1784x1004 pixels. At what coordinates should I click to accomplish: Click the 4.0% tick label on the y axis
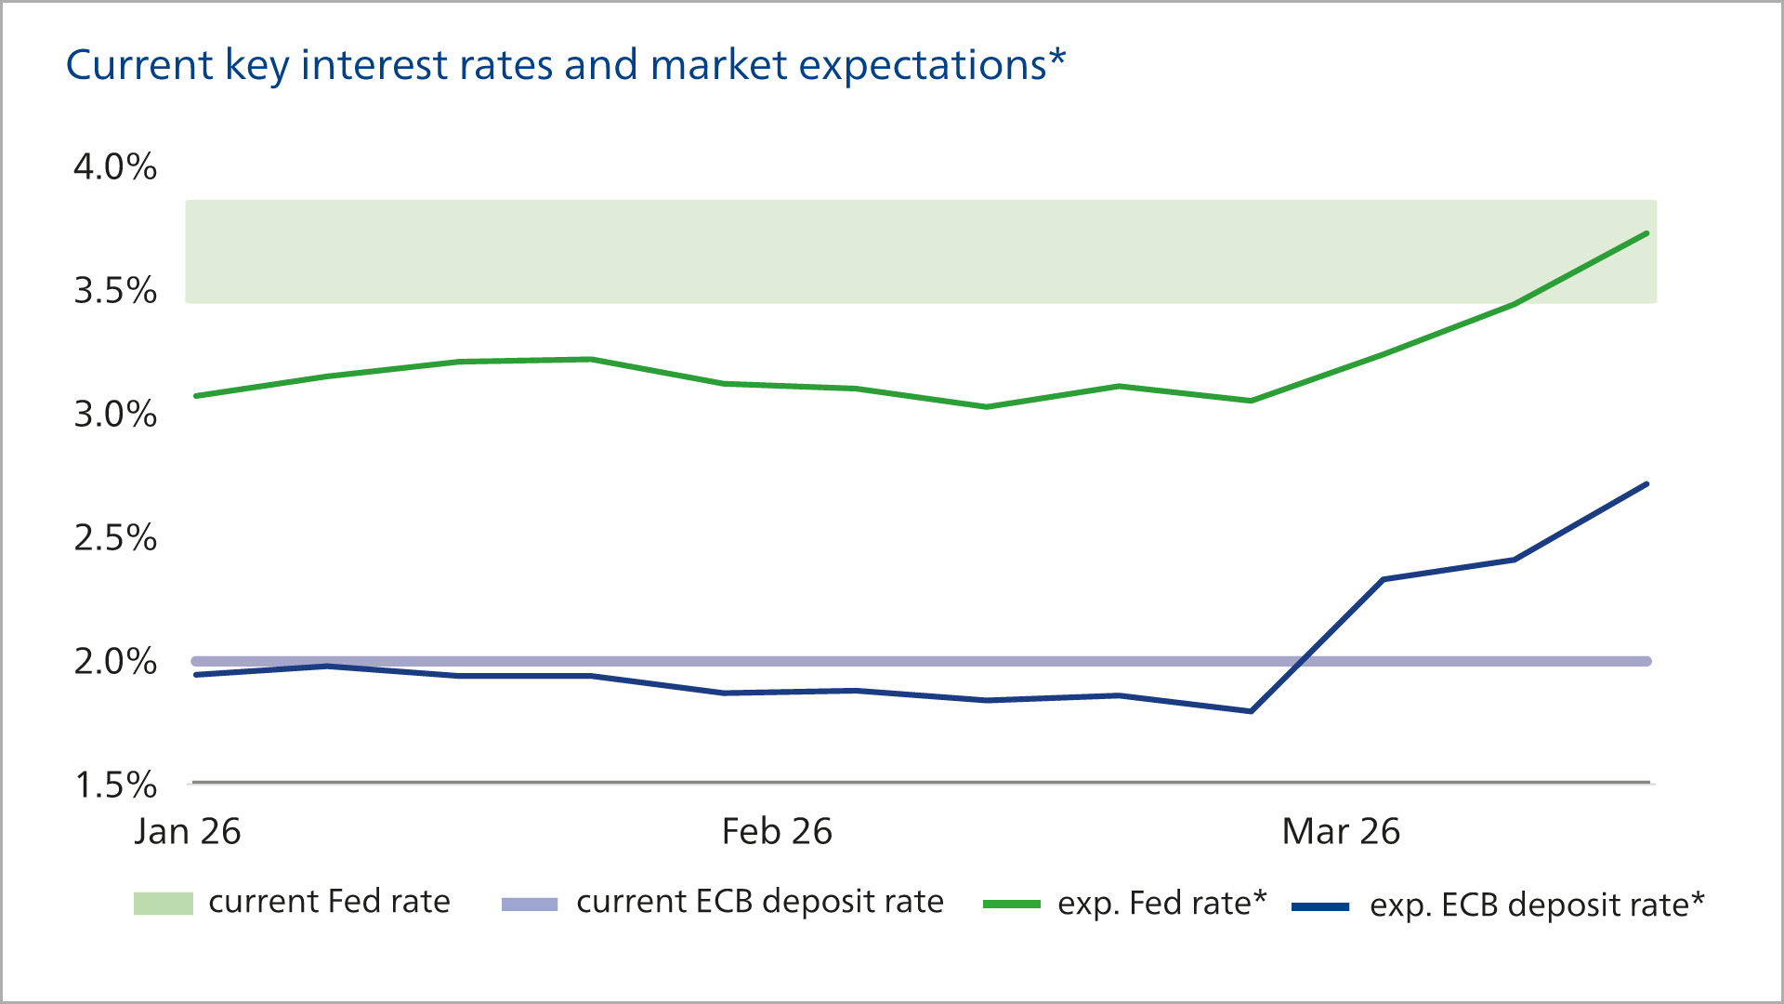tap(115, 167)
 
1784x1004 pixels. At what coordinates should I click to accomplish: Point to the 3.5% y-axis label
tap(115, 291)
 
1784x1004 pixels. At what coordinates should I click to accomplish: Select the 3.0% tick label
tap(115, 415)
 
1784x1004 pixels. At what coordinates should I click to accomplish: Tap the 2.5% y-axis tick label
tap(115, 538)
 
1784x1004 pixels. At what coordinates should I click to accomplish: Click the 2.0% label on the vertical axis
tap(115, 662)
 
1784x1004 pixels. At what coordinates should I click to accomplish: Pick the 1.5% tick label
tap(115, 786)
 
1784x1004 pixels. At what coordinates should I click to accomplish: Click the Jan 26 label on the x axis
tap(188, 831)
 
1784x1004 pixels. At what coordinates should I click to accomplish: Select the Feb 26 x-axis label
tap(777, 831)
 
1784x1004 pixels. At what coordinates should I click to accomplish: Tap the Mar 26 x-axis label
tap(1341, 831)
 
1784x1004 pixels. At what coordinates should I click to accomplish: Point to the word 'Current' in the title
tap(139, 65)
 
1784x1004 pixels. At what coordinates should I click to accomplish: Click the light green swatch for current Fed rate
tap(164, 904)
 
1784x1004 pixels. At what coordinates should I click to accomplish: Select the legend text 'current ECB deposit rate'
tap(760, 902)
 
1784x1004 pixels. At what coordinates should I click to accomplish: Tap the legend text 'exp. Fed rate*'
tap(1162, 904)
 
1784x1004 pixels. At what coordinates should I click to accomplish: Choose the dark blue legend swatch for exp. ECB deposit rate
tap(1320, 906)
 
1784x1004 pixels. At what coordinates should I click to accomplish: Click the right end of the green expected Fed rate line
tap(1646, 233)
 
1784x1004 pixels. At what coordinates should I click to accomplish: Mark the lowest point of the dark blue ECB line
tap(1251, 711)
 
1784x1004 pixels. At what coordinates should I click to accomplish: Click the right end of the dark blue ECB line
tap(1646, 484)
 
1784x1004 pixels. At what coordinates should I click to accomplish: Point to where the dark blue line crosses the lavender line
tap(1301, 661)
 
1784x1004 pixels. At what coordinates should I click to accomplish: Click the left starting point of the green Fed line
tap(195, 396)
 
